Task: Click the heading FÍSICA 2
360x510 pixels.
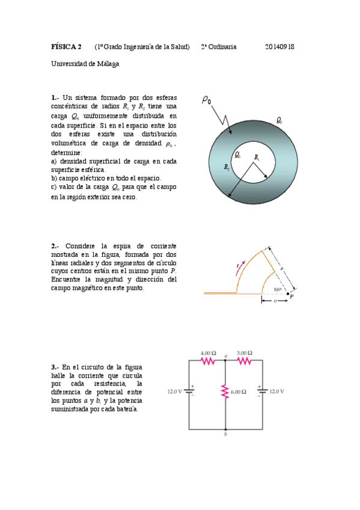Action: pyautogui.click(x=66, y=47)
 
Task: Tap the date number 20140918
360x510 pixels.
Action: pyautogui.click(x=279, y=47)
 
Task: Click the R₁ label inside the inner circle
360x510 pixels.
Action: pyautogui.click(x=257, y=158)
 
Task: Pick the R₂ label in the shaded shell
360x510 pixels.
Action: pyautogui.click(x=227, y=167)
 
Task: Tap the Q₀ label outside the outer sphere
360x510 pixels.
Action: pyautogui.click(x=279, y=120)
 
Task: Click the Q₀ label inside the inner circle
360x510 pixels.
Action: pyautogui.click(x=237, y=155)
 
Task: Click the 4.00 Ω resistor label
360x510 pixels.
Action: pyautogui.click(x=208, y=352)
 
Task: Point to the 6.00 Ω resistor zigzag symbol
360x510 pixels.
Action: pyautogui.click(x=225, y=392)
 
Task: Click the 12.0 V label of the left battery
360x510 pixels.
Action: pyautogui.click(x=174, y=392)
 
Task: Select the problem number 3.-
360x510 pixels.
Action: pyautogui.click(x=55, y=367)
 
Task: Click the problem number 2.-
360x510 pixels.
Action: pyautogui.click(x=55, y=245)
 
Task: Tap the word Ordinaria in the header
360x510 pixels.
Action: pyautogui.click(x=222, y=47)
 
